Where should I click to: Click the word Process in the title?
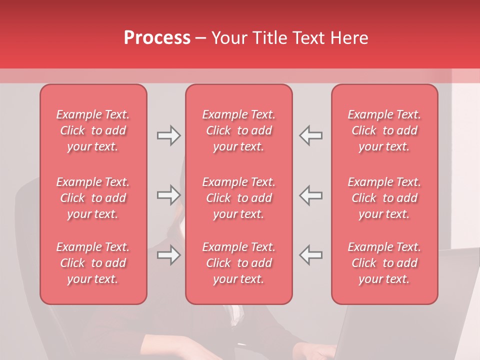(157, 38)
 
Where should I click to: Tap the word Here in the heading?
(348, 38)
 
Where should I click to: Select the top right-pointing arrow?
(168, 135)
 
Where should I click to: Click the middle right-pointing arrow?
(168, 195)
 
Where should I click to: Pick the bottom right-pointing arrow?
(168, 255)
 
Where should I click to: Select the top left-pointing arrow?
(311, 135)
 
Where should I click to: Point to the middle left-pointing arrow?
(311, 195)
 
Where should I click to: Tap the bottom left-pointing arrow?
(311, 255)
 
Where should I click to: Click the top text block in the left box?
(93, 130)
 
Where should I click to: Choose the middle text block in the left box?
(93, 198)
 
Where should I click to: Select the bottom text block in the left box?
(93, 263)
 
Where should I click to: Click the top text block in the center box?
(239, 130)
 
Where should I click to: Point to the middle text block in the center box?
(239, 198)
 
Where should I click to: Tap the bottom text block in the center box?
(239, 263)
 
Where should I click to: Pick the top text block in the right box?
(384, 130)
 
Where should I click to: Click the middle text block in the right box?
(384, 198)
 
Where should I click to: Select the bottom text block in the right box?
(384, 263)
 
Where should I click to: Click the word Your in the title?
(228, 38)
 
